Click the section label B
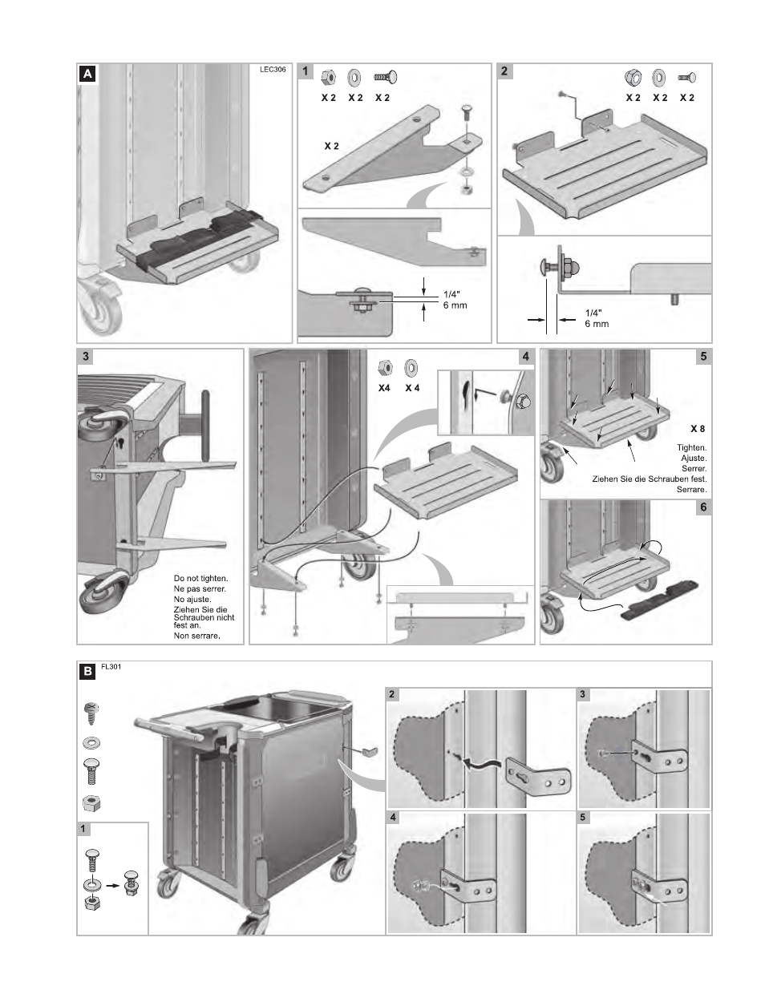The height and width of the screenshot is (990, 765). click(x=87, y=673)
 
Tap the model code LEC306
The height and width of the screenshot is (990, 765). click(x=273, y=69)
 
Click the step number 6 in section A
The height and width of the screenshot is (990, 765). click(x=703, y=507)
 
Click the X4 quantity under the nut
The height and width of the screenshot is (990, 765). click(x=385, y=387)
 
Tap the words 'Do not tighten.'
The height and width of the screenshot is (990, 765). click(x=200, y=578)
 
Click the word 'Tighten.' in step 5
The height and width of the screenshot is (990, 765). click(x=690, y=447)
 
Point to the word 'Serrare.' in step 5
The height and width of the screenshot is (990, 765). click(x=690, y=489)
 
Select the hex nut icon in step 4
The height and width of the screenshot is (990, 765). click(x=385, y=367)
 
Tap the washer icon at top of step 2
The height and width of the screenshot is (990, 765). click(x=659, y=78)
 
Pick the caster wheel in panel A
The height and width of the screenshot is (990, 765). click(x=100, y=316)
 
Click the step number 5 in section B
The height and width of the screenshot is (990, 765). click(x=583, y=818)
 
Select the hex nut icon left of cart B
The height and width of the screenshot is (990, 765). click(x=91, y=802)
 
